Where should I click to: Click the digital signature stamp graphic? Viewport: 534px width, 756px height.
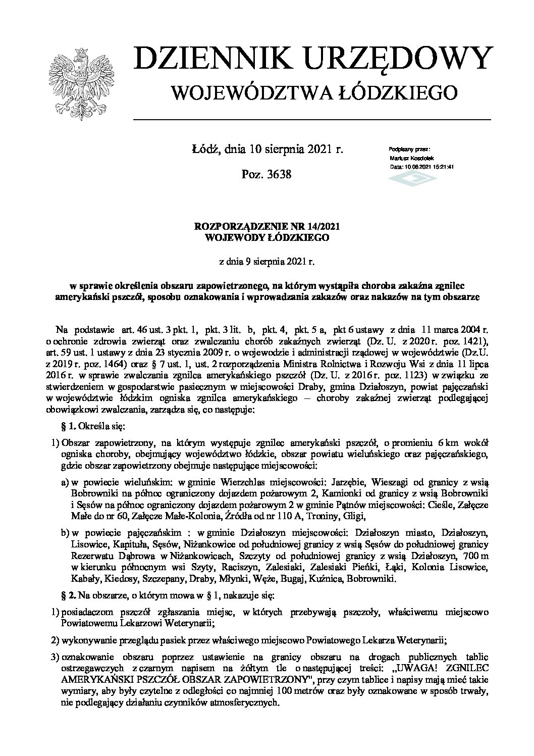(410, 178)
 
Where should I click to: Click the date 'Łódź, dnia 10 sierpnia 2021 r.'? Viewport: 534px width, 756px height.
(267, 149)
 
